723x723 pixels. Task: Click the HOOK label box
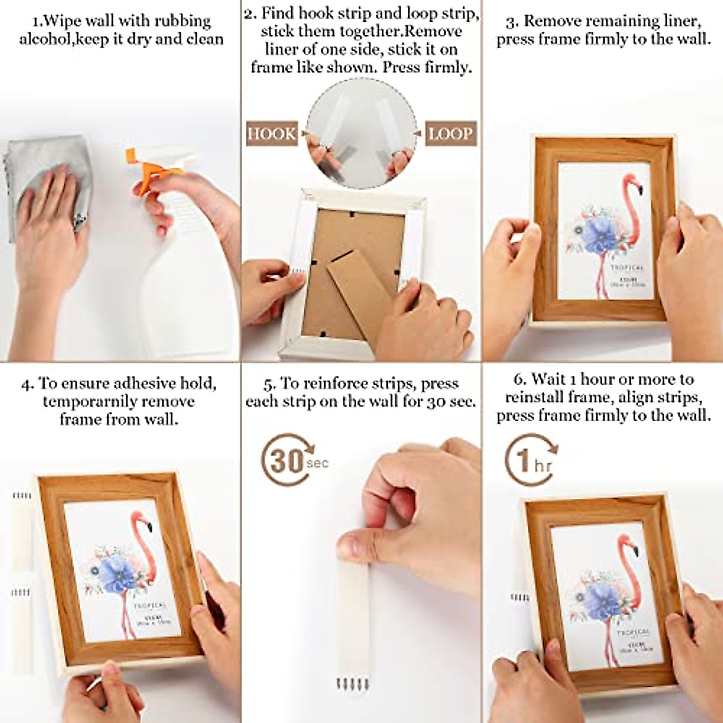click(x=272, y=133)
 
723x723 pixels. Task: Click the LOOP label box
click(x=450, y=133)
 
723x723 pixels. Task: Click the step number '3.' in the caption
click(x=512, y=22)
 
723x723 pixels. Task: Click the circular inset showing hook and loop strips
click(x=361, y=133)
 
